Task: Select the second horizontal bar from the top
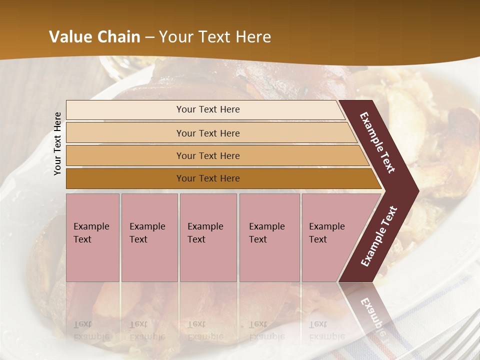tap(208, 133)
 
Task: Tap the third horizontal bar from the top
tap(208, 155)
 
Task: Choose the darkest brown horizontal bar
tap(208, 178)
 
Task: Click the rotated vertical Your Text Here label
tap(58, 143)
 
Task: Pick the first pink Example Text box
tap(92, 237)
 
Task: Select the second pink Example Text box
tap(149, 237)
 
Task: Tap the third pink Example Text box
tap(208, 237)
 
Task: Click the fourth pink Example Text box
tap(269, 237)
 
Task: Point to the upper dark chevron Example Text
tap(378, 142)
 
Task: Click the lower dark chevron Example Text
tap(379, 236)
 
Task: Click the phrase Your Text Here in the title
tap(215, 37)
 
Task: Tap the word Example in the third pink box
tap(205, 226)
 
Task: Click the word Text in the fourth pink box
tap(258, 239)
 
